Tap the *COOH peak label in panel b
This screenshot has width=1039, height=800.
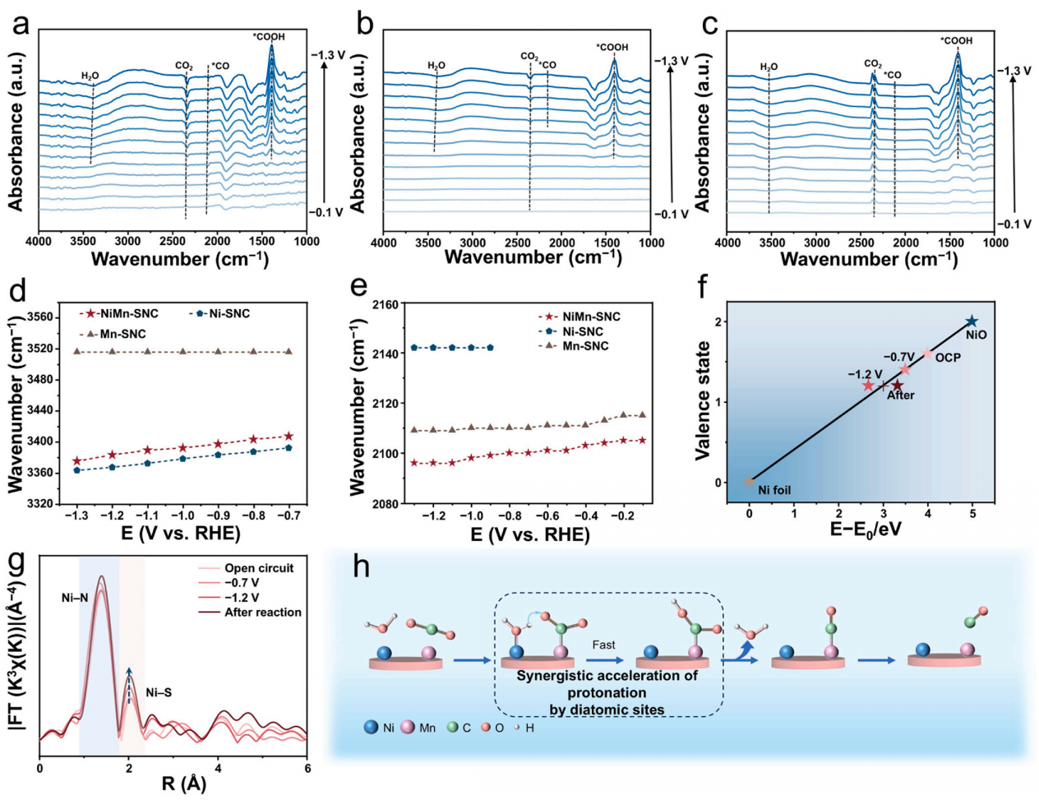(x=612, y=48)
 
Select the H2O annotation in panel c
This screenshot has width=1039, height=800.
(x=769, y=67)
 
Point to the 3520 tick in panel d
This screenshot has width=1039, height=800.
(x=46, y=349)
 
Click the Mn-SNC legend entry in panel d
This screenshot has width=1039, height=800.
(x=115, y=334)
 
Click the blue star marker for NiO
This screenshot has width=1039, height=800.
(x=972, y=321)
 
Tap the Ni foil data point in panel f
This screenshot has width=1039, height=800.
(x=749, y=482)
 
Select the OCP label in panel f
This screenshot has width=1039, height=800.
(x=948, y=358)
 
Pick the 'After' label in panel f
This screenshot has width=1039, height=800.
(x=901, y=395)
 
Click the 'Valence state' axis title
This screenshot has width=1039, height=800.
(x=704, y=400)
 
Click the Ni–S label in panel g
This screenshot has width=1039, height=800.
(x=159, y=692)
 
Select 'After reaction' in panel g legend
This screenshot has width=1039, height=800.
(x=262, y=613)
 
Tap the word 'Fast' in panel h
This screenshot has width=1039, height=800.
(x=603, y=645)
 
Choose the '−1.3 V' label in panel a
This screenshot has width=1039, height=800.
(x=328, y=55)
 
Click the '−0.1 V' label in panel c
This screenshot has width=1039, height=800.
(x=1014, y=224)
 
